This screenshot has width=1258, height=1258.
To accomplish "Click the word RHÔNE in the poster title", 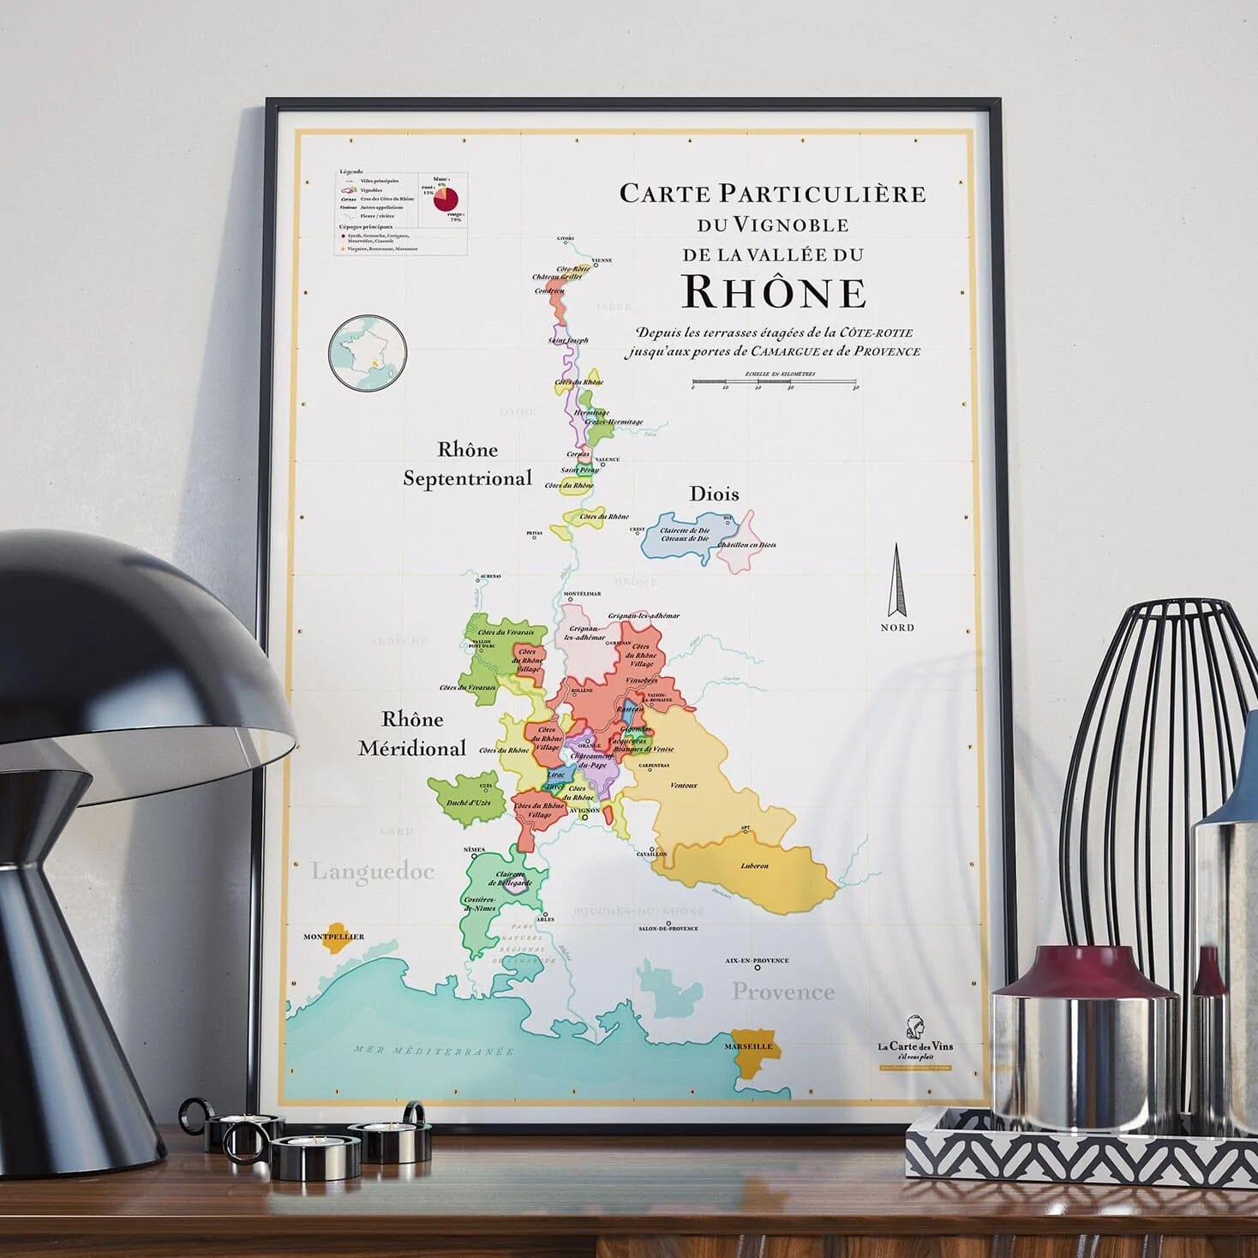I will pyautogui.click(x=774, y=292).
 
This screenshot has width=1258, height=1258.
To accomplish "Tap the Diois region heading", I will pyautogui.click(x=714, y=494).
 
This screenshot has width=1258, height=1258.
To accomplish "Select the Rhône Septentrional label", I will pyautogui.click(x=468, y=464).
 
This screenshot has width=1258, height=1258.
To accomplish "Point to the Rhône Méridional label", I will pyautogui.click(x=412, y=734).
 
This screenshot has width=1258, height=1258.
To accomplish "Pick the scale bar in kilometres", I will pyautogui.click(x=774, y=381).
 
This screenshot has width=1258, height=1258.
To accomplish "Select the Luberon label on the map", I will pyautogui.click(x=754, y=866).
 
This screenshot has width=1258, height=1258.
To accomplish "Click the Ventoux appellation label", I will pyautogui.click(x=683, y=785).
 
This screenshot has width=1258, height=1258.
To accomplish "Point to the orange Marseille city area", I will pyautogui.click(x=751, y=1051).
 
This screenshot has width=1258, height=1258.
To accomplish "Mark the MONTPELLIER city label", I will pyautogui.click(x=333, y=937).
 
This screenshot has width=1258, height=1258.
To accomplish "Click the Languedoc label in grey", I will pyautogui.click(x=372, y=872).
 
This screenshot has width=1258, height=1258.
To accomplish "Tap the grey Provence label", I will pyautogui.click(x=782, y=991).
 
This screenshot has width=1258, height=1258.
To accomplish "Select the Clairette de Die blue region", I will pyautogui.click(x=686, y=536).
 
